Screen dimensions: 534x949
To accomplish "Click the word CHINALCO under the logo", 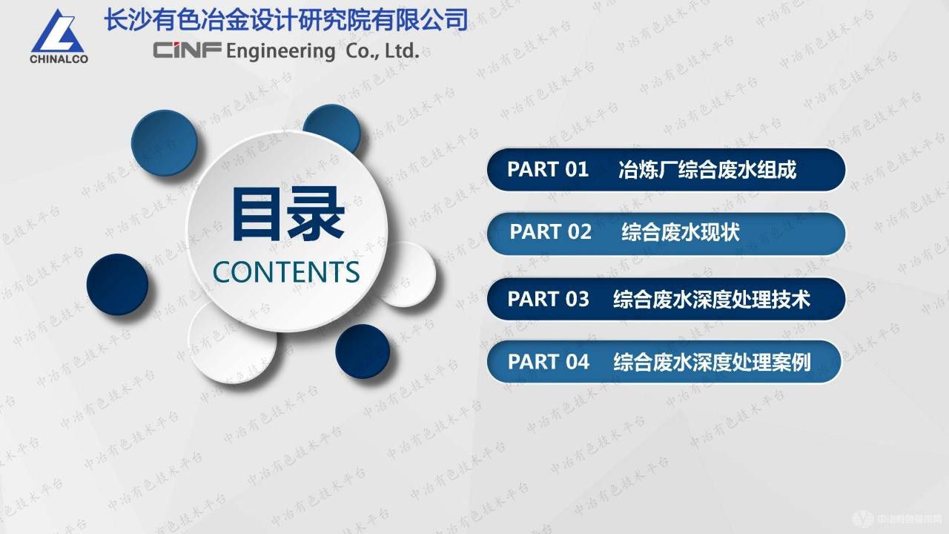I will point(59,59).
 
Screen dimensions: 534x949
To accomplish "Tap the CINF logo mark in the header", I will point(185,50).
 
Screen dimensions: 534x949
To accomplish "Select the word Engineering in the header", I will point(280,51).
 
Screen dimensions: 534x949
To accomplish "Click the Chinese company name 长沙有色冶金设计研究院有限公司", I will point(286,19).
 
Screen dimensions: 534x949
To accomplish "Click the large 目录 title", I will point(288,214).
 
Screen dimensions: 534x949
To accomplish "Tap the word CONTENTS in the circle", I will point(286,272).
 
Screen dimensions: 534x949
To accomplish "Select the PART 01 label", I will point(548,169).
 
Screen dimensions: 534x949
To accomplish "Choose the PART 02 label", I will point(551,232).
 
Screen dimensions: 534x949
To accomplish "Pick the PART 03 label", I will point(549,299).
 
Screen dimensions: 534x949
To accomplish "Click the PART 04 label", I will point(549,362).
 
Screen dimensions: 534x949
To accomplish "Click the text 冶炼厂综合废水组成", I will point(707,170).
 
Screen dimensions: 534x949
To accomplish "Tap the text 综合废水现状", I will point(681,233).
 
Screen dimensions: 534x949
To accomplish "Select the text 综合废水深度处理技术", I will point(712,299).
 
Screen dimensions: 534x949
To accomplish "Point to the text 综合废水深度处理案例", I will point(712,362).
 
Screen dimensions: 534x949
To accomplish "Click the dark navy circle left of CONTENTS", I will point(118,284).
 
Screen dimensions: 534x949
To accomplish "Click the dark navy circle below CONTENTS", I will point(363,351).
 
